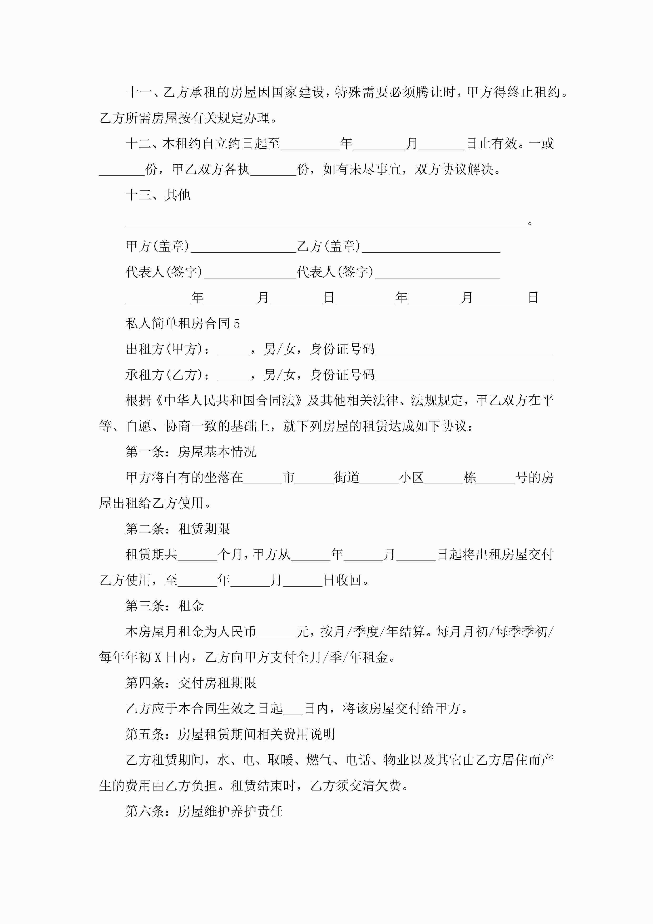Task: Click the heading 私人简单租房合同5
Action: pyautogui.click(x=183, y=323)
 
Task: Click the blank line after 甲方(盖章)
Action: pyautogui.click(x=243, y=247)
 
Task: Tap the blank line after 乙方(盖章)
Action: pyautogui.click(x=431, y=247)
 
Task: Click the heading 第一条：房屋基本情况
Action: pyautogui.click(x=191, y=452)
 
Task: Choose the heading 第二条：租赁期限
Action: pyautogui.click(x=177, y=529)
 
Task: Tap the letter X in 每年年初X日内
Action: pyautogui.click(x=158, y=658)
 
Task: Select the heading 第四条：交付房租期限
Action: pyautogui.click(x=191, y=683)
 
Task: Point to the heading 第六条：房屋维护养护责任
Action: pyautogui.click(x=204, y=811)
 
